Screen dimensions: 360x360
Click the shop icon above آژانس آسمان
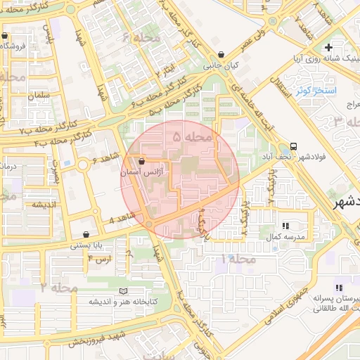[x=142, y=161]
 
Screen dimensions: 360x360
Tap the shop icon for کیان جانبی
[x=221, y=54]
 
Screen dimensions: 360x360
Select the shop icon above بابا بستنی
[x=86, y=235]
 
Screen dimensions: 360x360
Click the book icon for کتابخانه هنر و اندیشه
[x=124, y=291]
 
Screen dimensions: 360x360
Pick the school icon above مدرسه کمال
[x=287, y=226]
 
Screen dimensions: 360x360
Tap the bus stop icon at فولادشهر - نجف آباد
[x=293, y=147]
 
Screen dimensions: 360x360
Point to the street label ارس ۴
[x=99, y=259]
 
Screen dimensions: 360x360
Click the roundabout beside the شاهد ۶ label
[x=84, y=165]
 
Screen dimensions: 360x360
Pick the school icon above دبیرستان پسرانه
[x=340, y=288]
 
